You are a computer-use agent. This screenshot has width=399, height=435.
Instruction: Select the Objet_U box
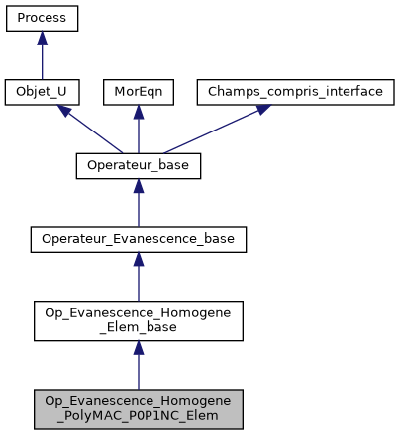[42, 92]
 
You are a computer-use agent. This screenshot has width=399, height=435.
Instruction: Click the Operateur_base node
[139, 165]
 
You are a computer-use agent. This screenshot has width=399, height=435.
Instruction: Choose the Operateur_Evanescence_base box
[139, 238]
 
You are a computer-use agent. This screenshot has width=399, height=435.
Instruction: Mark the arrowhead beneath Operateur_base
[139, 185]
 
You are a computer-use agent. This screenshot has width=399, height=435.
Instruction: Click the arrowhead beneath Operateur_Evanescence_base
[139, 258]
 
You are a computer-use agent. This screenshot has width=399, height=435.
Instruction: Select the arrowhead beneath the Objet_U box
[62, 111]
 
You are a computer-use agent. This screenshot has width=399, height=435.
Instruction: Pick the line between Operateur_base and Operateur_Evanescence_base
[139, 210]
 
